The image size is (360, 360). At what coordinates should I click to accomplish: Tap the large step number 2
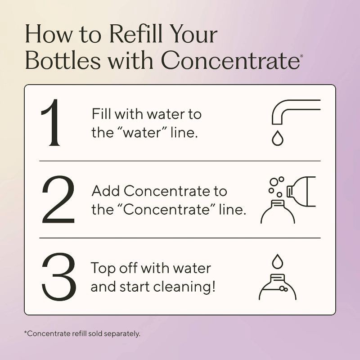click(58, 199)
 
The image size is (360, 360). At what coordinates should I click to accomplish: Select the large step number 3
click(59, 277)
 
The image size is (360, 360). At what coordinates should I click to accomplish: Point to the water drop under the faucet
click(278, 138)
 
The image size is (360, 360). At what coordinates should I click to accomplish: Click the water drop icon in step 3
click(278, 261)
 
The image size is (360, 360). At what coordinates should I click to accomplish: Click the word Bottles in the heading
click(63, 60)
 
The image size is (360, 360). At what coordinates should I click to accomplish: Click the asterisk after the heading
click(301, 56)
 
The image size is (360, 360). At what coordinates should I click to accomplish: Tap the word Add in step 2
click(106, 191)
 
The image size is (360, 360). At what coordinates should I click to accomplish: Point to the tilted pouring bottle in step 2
click(301, 192)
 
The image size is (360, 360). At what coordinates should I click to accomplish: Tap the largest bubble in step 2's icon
click(274, 182)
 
